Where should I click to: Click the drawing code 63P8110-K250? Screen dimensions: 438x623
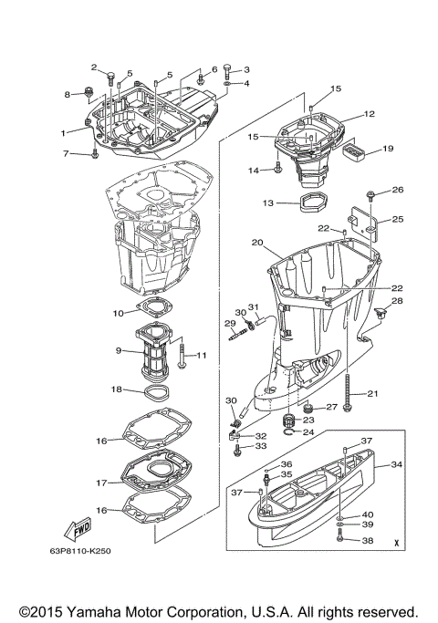click(x=80, y=551)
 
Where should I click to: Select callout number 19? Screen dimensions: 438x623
click(x=388, y=148)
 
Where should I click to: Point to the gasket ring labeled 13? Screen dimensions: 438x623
click(x=311, y=203)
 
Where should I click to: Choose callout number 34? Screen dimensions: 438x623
click(x=396, y=464)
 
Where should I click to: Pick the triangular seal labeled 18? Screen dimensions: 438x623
click(x=158, y=393)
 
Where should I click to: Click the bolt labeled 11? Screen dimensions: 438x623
click(x=182, y=356)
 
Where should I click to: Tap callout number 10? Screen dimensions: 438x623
click(x=119, y=314)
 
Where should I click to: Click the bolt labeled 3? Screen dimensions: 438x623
click(x=228, y=71)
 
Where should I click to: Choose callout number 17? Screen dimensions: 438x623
click(x=102, y=483)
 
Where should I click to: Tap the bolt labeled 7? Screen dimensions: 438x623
click(x=94, y=153)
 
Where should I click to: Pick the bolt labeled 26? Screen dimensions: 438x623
click(x=370, y=195)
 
